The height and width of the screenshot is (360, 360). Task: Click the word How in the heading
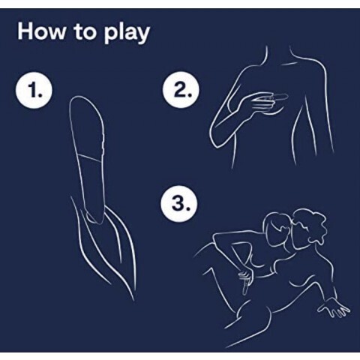(42, 31)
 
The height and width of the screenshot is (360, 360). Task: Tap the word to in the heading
(85, 32)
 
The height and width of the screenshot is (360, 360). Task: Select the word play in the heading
(127, 34)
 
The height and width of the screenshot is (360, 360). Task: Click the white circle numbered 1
(34, 90)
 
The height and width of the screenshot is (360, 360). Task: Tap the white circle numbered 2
(181, 90)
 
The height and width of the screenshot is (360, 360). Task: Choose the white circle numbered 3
(179, 205)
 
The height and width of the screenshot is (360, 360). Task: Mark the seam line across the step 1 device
(91, 157)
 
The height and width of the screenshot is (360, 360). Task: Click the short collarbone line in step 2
(288, 64)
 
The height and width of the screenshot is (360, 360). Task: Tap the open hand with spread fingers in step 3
(334, 309)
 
